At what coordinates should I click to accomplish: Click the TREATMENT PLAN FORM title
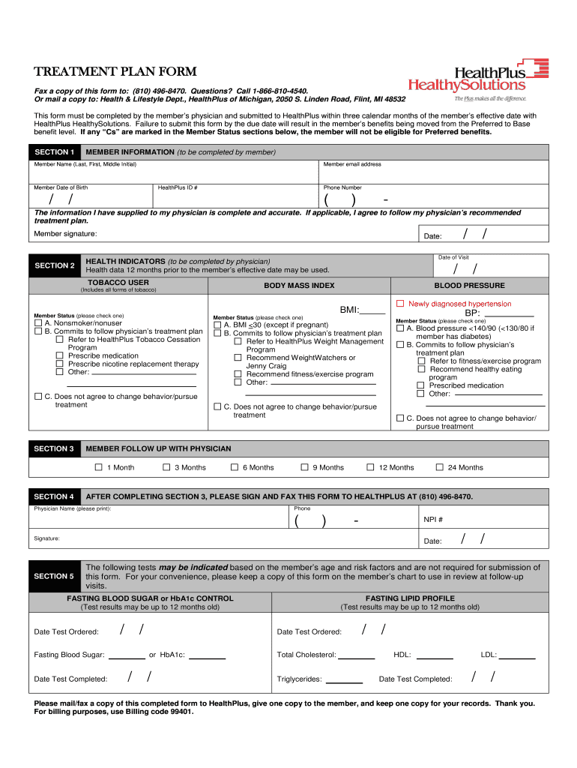pos(115,72)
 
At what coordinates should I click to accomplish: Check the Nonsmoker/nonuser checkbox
pos(38,323)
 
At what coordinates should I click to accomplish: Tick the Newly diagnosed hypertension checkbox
pos(400,304)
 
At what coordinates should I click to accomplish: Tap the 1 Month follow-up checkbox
pos(98,467)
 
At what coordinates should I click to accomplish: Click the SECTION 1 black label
pos(54,152)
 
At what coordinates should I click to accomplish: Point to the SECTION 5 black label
pos(54,576)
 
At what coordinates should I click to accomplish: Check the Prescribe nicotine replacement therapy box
pos(60,364)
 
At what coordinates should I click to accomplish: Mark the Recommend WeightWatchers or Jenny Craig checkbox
pos(238,358)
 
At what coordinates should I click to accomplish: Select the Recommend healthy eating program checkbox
pos(421,369)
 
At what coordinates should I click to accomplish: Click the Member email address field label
pos(352,164)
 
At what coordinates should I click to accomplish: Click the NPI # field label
pos(433,520)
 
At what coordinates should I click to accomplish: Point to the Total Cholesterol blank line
pos(357,658)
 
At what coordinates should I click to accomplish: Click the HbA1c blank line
pos(208,658)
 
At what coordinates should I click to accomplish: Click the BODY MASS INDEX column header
pos(299,286)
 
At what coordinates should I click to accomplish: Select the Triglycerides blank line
pos(345,682)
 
